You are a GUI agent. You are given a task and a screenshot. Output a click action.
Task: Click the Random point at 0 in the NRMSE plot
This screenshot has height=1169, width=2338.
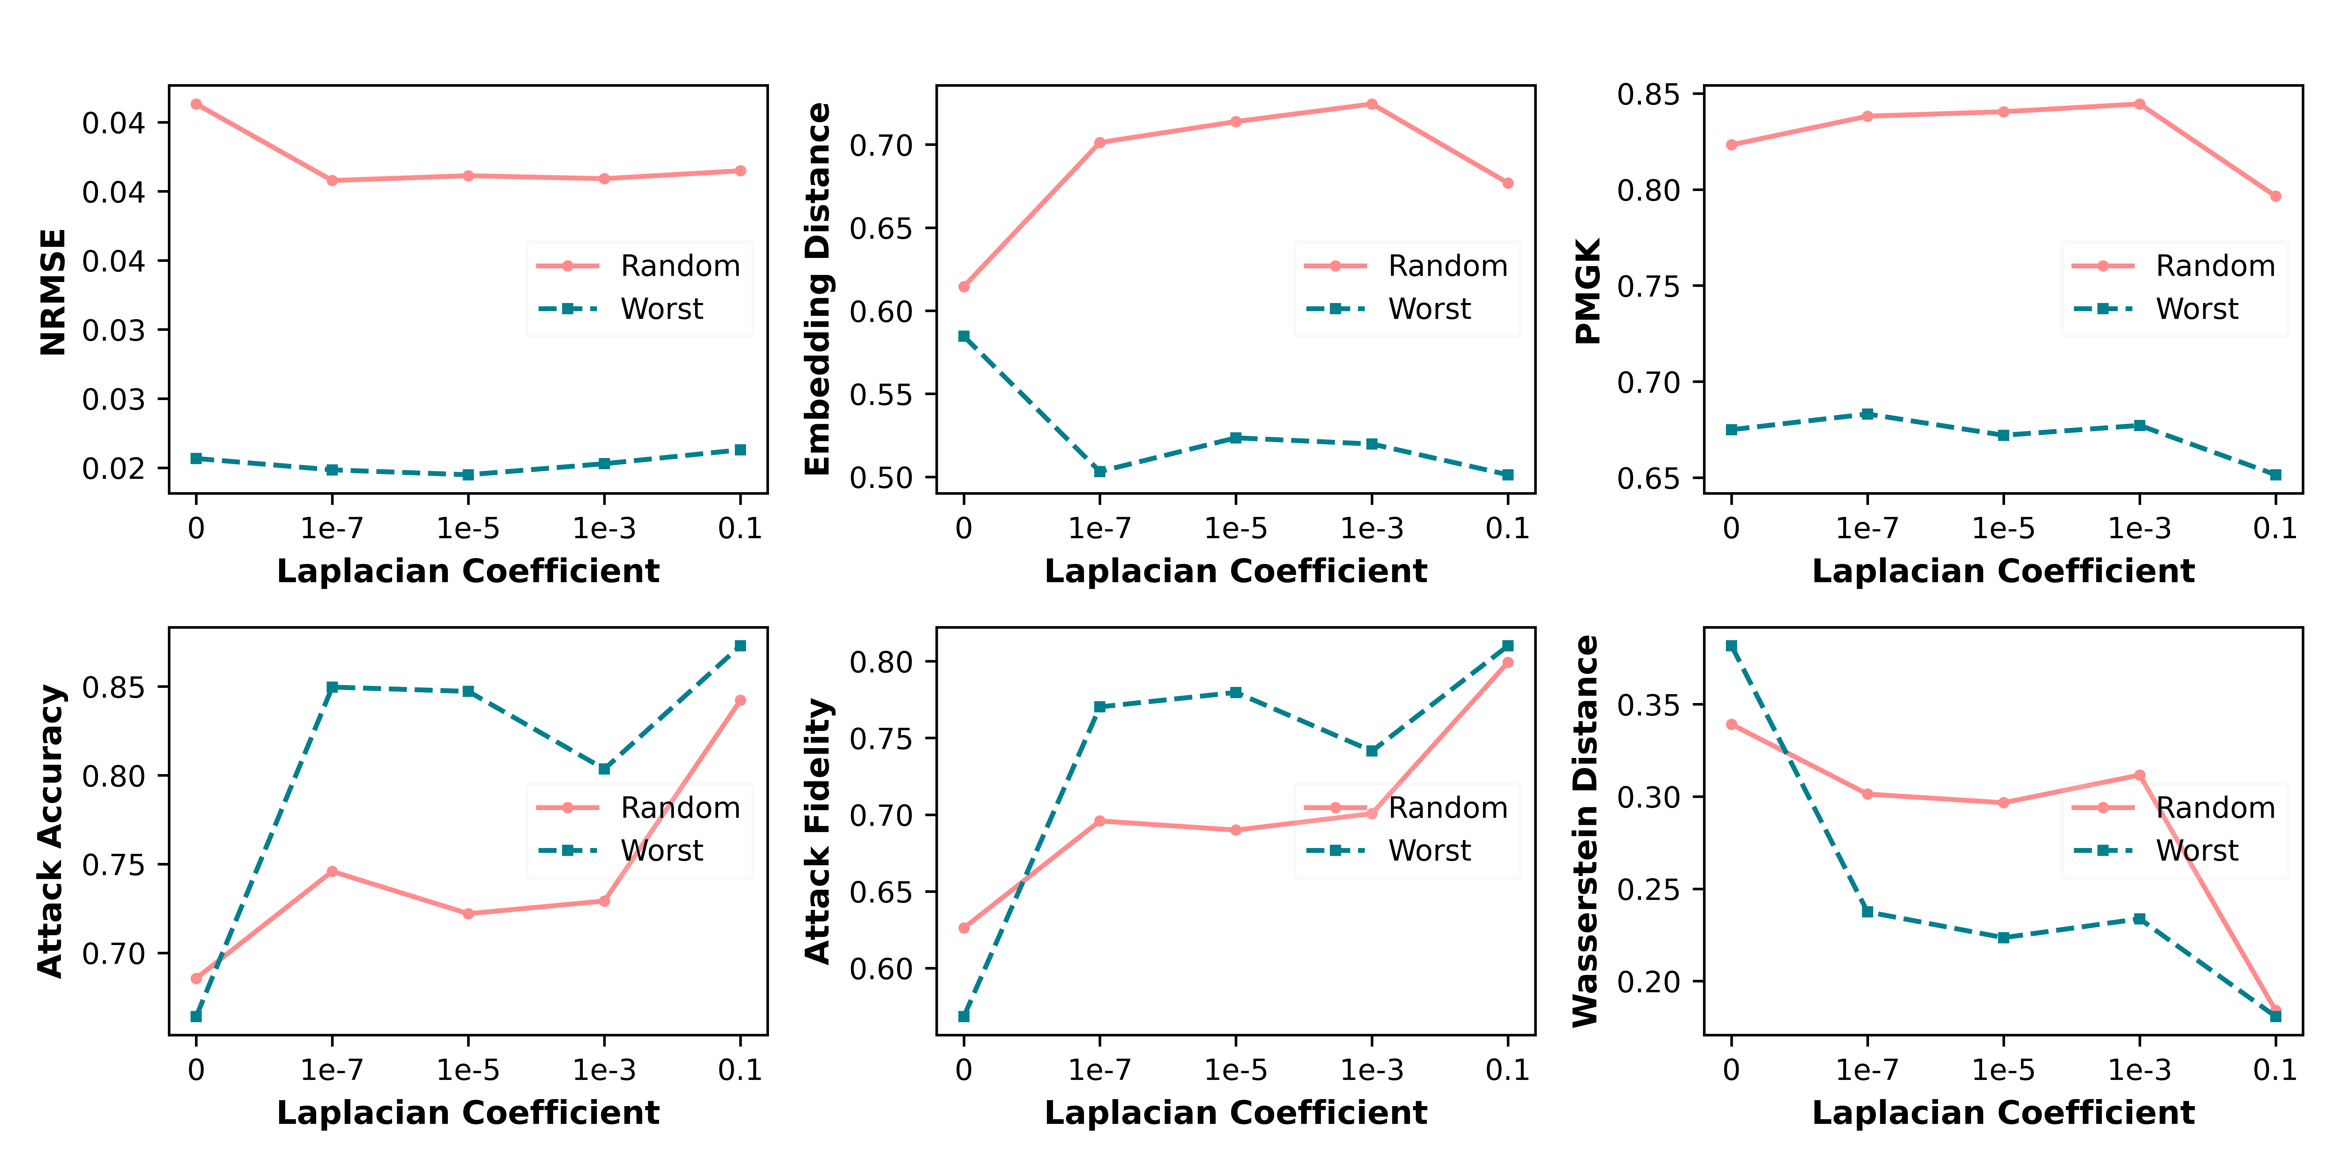coord(196,104)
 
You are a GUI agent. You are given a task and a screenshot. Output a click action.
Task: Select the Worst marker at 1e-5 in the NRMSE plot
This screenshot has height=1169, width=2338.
coord(468,475)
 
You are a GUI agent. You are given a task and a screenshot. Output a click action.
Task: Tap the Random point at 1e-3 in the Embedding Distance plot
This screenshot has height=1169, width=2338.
coord(1371,104)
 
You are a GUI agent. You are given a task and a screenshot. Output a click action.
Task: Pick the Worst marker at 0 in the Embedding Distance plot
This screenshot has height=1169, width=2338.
coord(964,337)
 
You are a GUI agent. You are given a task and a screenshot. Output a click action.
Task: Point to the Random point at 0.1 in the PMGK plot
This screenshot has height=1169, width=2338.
coord(2275,196)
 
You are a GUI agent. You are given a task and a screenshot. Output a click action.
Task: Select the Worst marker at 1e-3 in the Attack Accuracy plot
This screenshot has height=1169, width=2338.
coord(604,769)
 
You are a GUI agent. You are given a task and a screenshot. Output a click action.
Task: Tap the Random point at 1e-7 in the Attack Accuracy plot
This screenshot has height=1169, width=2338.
coord(332,871)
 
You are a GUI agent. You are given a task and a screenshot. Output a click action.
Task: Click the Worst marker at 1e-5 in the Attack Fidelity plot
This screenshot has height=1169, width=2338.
coord(1235,693)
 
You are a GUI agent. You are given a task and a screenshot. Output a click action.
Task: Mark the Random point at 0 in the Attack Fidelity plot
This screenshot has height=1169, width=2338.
coord(964,927)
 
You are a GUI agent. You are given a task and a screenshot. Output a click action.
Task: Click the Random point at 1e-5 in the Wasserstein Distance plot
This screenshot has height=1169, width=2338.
coord(2003,802)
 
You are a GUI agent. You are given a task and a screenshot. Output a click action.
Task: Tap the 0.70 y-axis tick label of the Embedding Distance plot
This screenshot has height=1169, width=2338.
coord(880,145)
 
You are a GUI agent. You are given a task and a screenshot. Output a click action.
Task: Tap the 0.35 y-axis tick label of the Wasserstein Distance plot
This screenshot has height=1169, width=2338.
coord(1648,705)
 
